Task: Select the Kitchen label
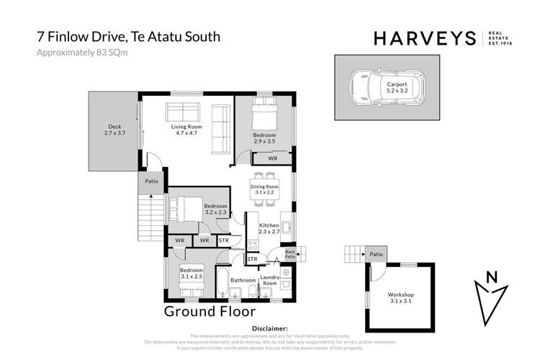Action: [x=269, y=229]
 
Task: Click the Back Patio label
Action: [x=291, y=253]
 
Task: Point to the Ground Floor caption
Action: [x=210, y=312]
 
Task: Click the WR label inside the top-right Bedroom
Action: [x=273, y=158]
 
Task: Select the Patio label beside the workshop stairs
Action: [x=375, y=253]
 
